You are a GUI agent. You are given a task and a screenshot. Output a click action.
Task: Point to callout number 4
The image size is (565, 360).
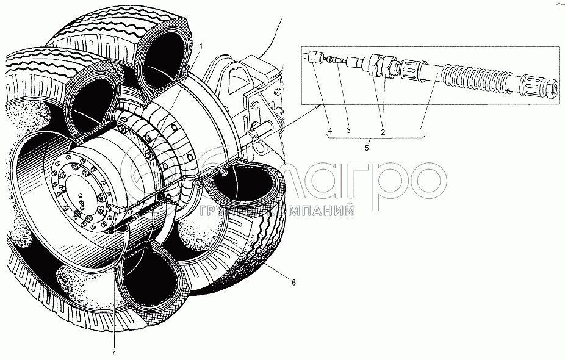pyautogui.click(x=329, y=130)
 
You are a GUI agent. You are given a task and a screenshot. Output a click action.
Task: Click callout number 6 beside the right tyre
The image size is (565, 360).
pyautogui.click(x=293, y=283)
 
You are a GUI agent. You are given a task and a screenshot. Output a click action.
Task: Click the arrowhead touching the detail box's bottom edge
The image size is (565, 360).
pyautogui.click(x=320, y=106)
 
